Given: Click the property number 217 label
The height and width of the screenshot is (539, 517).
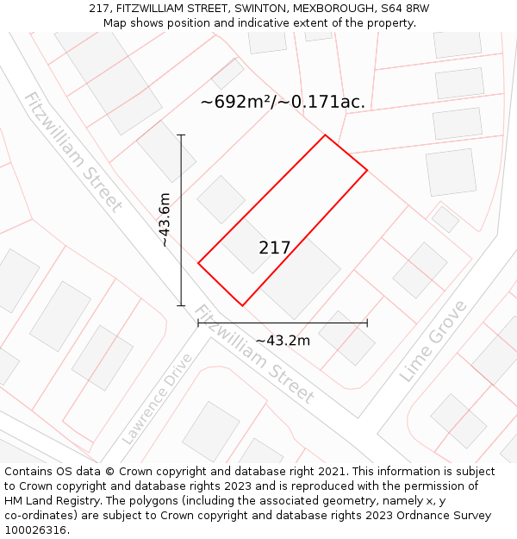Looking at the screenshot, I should (x=275, y=248).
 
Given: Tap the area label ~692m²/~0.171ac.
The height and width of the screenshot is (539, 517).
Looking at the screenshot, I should (x=283, y=102).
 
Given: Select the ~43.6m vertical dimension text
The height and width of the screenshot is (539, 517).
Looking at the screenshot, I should (x=164, y=220).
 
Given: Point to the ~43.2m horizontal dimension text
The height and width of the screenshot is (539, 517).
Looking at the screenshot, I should (x=283, y=341).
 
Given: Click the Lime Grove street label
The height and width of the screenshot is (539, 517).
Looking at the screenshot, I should (x=433, y=342).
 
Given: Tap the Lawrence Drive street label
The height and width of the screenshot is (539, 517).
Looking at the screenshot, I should (x=158, y=398).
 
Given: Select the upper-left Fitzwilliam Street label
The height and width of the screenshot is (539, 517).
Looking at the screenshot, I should (x=73, y=152).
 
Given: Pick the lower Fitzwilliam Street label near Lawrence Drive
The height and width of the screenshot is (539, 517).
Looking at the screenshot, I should (x=253, y=354).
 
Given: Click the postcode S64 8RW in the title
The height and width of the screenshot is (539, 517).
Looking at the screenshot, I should (x=404, y=9).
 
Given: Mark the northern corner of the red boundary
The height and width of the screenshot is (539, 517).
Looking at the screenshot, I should (x=325, y=135).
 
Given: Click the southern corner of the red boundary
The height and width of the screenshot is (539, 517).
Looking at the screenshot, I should (x=242, y=305).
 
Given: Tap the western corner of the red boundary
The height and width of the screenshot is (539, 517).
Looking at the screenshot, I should (x=198, y=263).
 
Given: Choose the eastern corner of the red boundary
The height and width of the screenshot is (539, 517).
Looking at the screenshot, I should (x=367, y=170).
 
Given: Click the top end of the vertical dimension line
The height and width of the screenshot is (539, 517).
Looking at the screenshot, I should (x=181, y=135).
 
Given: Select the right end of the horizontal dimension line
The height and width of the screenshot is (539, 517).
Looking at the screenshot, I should (x=367, y=323).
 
